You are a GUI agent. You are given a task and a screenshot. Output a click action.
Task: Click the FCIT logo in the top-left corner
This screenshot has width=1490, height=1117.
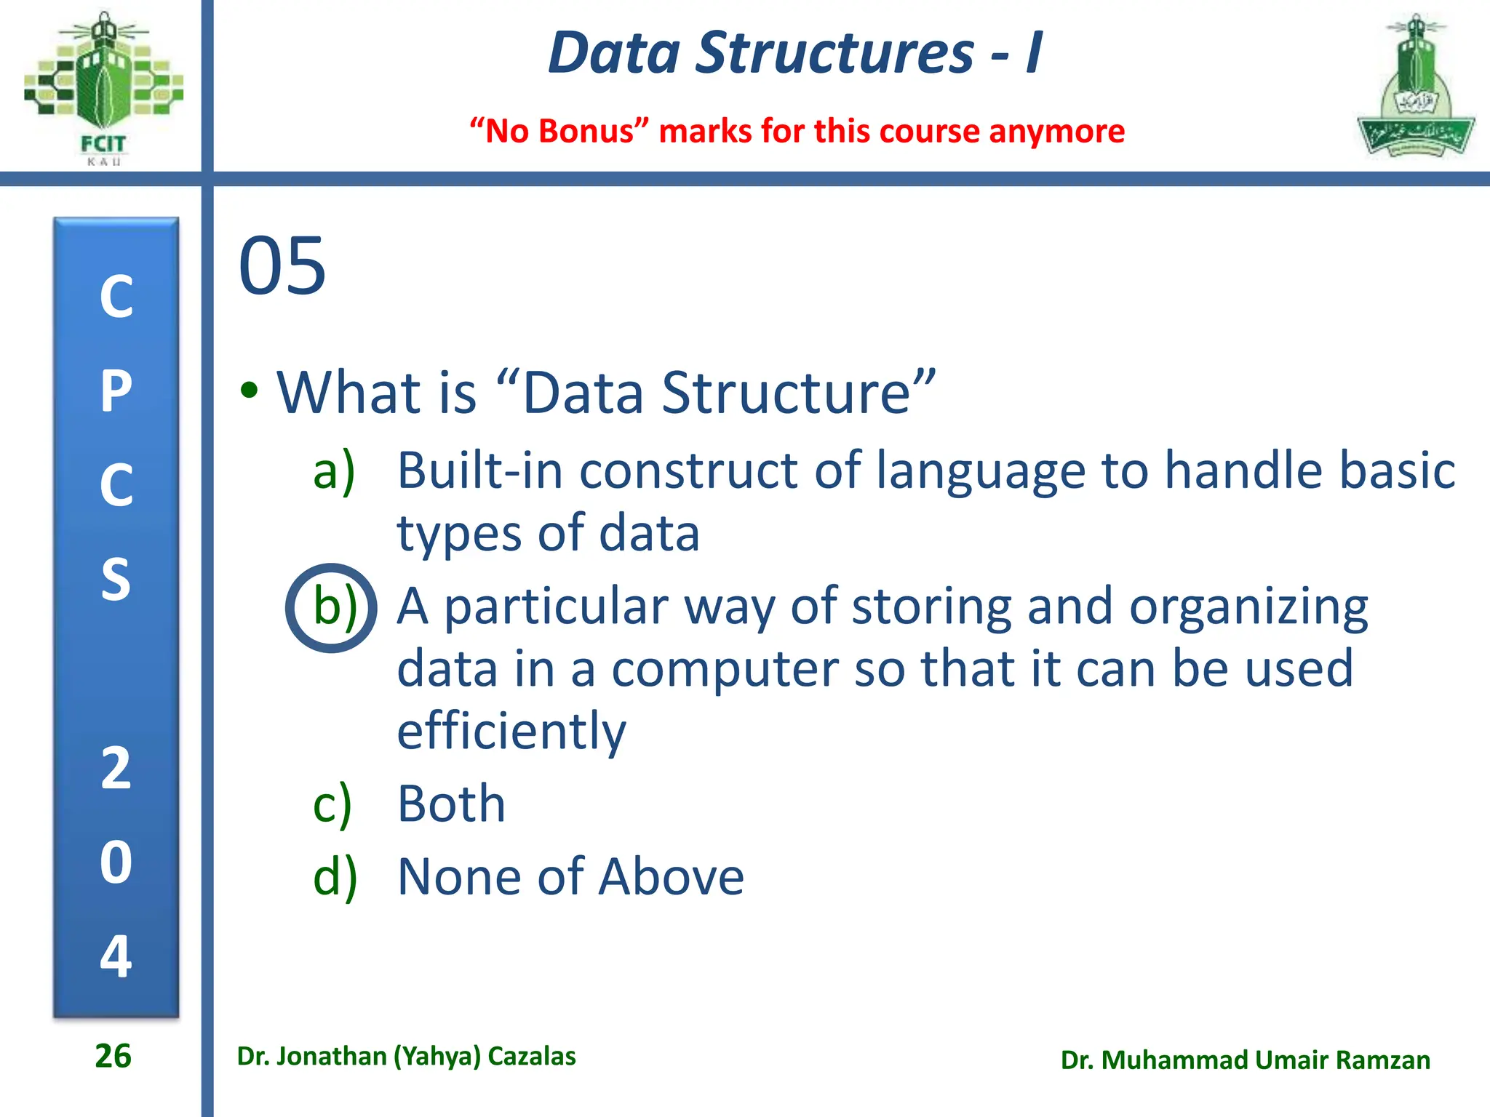pyautogui.click(x=103, y=87)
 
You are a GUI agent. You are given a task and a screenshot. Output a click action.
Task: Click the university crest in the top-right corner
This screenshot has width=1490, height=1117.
pyautogui.click(x=1415, y=87)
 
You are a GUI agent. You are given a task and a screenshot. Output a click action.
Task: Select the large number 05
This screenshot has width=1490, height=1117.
pyautogui.click(x=282, y=266)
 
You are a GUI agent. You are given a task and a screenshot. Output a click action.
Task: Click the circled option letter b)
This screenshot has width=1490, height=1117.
pyautogui.click(x=333, y=608)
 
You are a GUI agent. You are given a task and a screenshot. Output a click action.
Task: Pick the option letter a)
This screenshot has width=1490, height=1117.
pyautogui.click(x=334, y=471)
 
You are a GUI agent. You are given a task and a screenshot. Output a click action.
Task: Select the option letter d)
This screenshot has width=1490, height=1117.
pyautogui.click(x=335, y=876)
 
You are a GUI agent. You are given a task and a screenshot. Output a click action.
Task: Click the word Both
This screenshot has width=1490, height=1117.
pyautogui.click(x=451, y=804)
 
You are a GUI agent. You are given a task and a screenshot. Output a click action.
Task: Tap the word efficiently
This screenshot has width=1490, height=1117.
pyautogui.click(x=511, y=732)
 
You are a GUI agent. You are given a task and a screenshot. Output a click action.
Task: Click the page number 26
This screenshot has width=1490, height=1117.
pyautogui.click(x=113, y=1056)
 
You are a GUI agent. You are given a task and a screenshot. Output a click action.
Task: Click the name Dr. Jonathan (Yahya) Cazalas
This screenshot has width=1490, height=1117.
pyautogui.click(x=406, y=1056)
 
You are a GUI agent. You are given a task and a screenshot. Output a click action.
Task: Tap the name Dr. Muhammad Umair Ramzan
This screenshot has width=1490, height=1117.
pyautogui.click(x=1245, y=1060)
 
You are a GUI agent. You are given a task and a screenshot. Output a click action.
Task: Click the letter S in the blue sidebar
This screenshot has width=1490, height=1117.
pyautogui.click(x=116, y=580)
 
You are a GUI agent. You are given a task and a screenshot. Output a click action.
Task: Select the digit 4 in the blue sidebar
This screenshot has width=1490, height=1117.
pyautogui.click(x=116, y=956)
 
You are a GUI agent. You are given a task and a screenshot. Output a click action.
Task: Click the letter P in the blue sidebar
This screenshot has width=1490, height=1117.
pyautogui.click(x=116, y=391)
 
